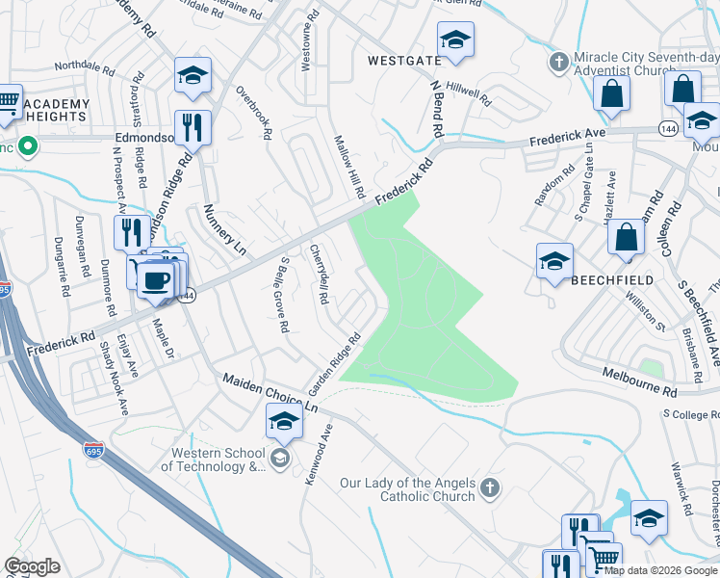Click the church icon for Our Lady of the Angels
coord(491,486)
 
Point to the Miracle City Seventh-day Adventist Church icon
coord(558,63)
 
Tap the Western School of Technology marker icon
coord(280,456)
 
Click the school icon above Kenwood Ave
coord(283,420)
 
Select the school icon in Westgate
coord(454,40)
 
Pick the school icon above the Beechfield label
coord(554,261)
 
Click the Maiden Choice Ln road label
coord(270,393)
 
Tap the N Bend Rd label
coord(435,108)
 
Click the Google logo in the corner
coord(32,566)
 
